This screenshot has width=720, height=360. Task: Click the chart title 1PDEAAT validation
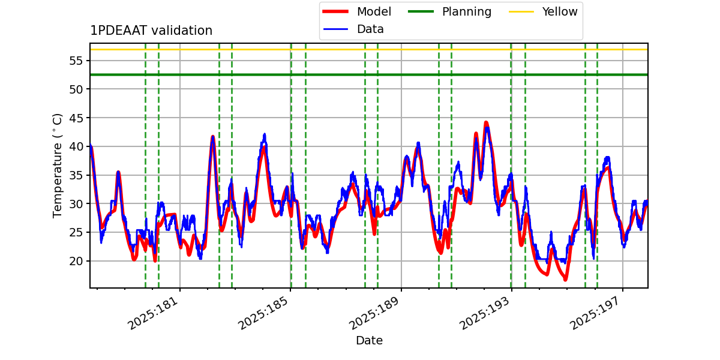[151, 31]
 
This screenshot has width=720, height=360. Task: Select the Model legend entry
[373, 12]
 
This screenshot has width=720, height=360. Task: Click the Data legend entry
[370, 29]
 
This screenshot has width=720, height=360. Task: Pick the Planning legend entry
[466, 12]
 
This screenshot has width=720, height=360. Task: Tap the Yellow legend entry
[559, 12]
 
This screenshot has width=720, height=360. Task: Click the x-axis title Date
[369, 341]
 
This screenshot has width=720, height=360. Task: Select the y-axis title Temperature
[58, 165]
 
